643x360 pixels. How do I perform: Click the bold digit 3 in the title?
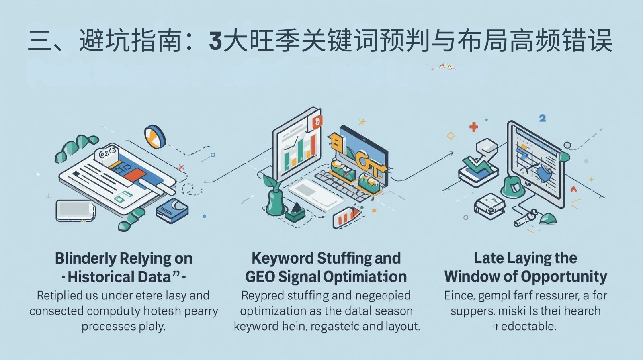coord(215,41)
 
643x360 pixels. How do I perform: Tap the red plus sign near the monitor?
coord(474,127)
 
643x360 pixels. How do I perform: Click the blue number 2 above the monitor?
coord(543,118)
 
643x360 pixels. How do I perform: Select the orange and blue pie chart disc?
coord(155,136)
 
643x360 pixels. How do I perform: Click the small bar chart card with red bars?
coord(347,217)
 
